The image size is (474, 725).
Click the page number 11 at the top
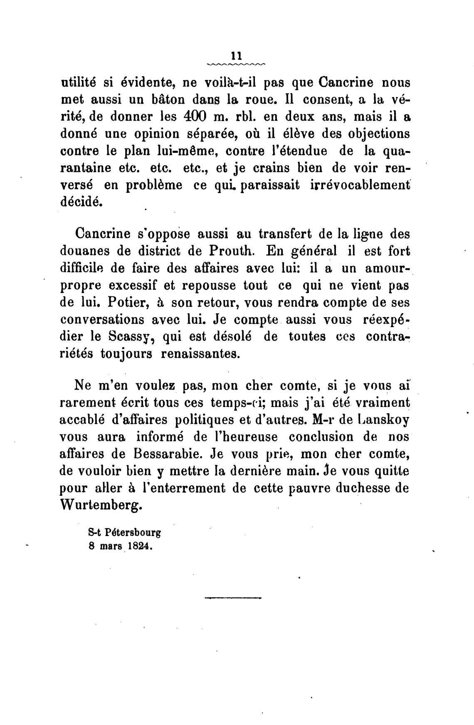tap(236, 56)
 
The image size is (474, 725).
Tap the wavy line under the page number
tap(236, 65)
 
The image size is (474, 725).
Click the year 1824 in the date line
tap(139, 548)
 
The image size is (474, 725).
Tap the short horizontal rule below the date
tap(233, 598)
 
